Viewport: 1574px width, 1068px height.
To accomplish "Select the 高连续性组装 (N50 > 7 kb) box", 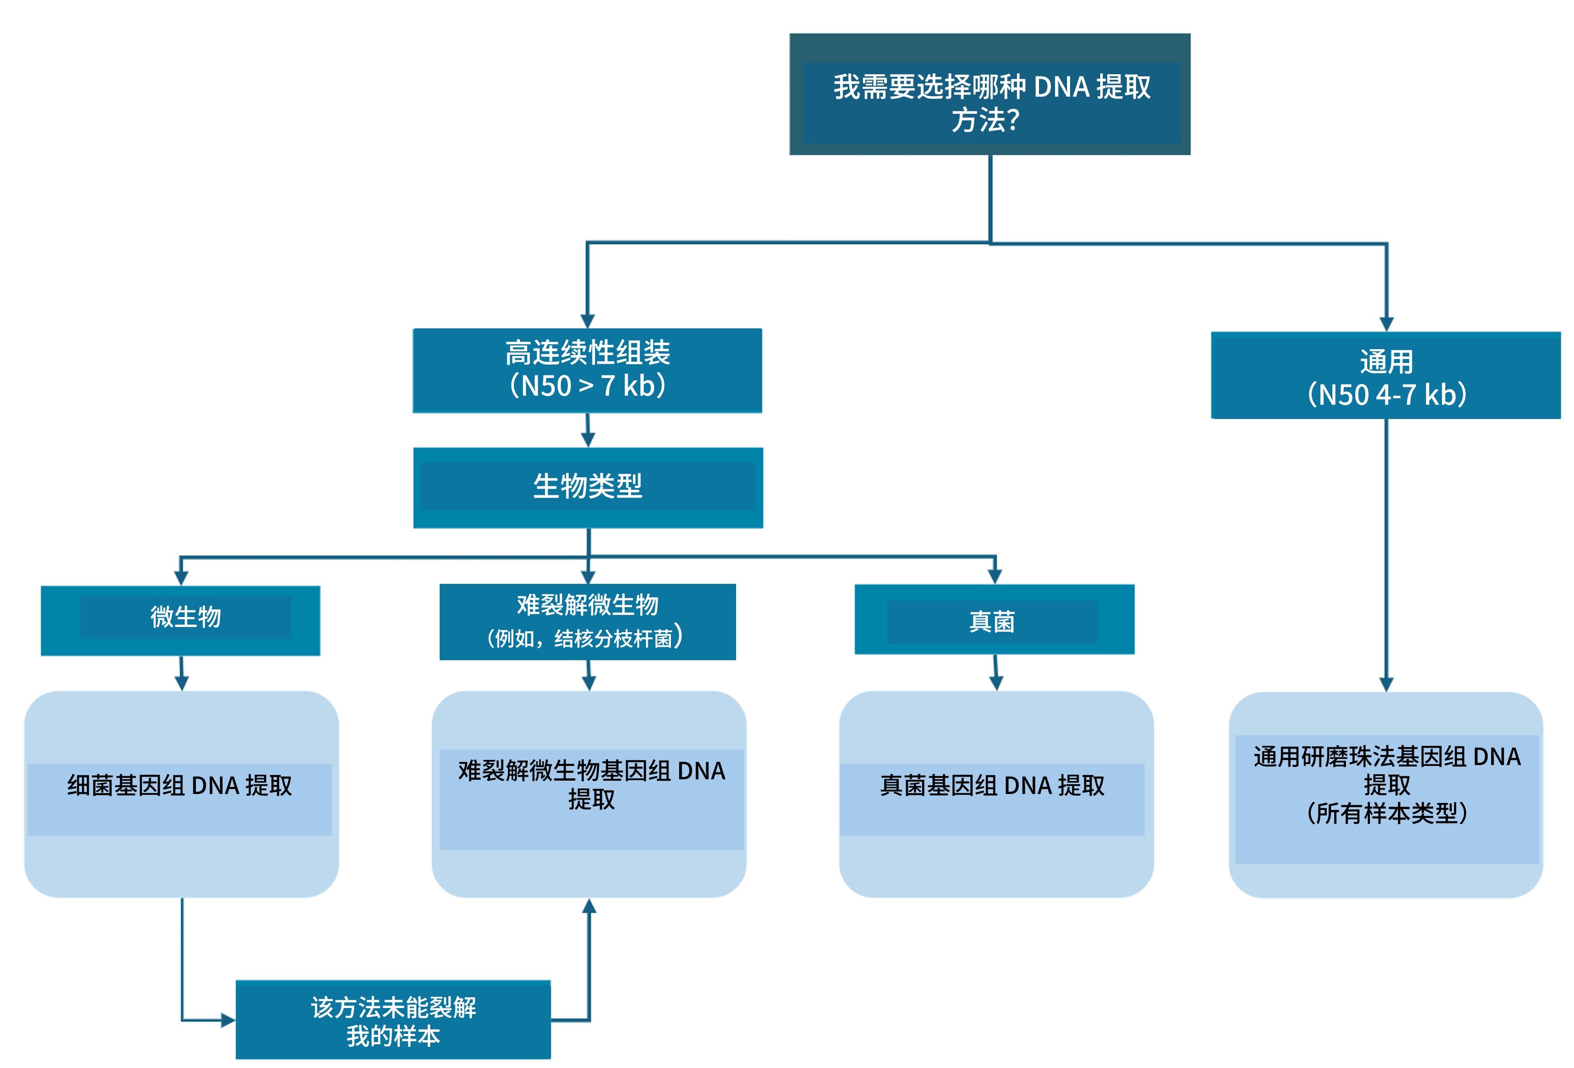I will click(x=587, y=370).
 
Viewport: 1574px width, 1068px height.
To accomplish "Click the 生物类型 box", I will click(x=587, y=487).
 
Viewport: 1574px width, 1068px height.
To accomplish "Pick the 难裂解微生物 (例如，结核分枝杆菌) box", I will click(x=587, y=621).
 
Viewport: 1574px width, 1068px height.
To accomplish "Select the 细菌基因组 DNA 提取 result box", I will click(x=180, y=794).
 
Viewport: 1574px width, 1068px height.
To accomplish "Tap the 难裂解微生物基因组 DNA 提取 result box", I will click(x=589, y=794).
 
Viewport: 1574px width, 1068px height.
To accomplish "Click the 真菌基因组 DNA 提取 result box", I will click(x=995, y=794).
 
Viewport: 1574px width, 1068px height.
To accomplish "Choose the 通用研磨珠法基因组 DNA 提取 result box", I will click(x=1386, y=794).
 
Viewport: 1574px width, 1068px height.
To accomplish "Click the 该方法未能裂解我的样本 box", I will click(x=393, y=1019).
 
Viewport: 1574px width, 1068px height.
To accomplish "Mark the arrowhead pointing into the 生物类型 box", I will click(x=588, y=440).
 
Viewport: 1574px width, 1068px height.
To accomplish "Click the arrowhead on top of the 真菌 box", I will click(x=994, y=577).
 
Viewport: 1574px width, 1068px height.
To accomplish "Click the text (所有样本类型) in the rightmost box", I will click(x=1386, y=813).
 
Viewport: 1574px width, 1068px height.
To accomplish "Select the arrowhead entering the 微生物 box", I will click(x=180, y=578).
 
